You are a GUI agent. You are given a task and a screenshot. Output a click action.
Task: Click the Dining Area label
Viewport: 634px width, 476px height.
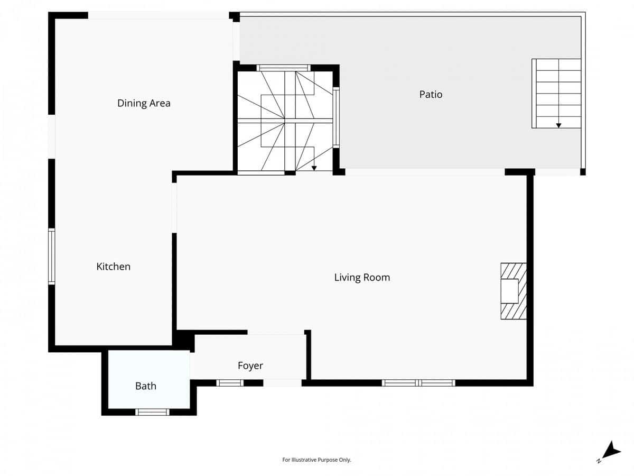[x=144, y=103]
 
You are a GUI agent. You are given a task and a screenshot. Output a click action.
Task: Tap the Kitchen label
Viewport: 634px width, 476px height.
[x=113, y=267]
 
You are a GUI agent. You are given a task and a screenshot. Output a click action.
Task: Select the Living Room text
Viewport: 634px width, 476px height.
[x=362, y=277]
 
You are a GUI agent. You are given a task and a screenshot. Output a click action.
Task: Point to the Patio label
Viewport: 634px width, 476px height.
[x=431, y=95]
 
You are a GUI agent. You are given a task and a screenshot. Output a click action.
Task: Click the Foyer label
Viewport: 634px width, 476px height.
[x=250, y=365]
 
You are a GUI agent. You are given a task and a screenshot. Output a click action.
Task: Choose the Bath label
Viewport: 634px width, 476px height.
[x=145, y=386]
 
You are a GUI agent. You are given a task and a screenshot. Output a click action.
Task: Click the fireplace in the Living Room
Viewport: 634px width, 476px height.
[x=512, y=291]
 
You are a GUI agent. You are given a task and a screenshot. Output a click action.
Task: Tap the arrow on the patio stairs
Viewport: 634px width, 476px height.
[x=558, y=125]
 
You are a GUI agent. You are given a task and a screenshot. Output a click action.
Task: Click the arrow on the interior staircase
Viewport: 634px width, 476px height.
[x=314, y=168]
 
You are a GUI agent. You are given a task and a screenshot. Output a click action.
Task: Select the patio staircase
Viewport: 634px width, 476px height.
[x=557, y=93]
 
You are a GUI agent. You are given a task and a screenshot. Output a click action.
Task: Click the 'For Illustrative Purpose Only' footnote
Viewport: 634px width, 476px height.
[x=316, y=460]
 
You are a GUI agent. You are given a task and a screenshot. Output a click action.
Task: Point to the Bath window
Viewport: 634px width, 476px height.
[x=152, y=412]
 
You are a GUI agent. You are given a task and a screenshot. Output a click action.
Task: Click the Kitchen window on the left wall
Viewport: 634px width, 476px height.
[x=51, y=256]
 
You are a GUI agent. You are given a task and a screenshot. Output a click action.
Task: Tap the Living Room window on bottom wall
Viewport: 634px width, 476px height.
[x=418, y=383]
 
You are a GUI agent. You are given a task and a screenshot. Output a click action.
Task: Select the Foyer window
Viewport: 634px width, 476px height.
[x=230, y=383]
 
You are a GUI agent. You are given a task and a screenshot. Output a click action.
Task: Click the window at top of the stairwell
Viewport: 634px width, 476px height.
[x=283, y=68]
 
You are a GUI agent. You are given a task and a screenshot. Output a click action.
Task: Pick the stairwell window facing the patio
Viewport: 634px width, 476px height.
[x=336, y=118]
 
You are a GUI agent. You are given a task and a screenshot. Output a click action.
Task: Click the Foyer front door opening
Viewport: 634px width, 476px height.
[x=282, y=383]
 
